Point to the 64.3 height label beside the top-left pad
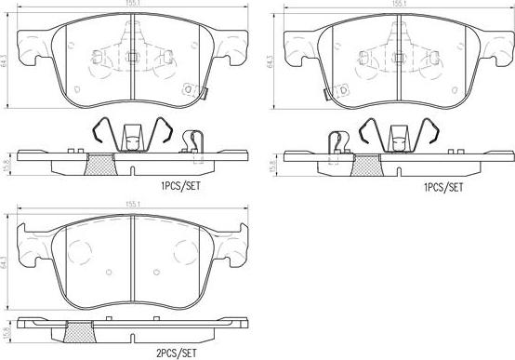coord(7,63)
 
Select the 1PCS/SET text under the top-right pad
coord(442,187)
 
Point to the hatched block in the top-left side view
coord(99,165)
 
